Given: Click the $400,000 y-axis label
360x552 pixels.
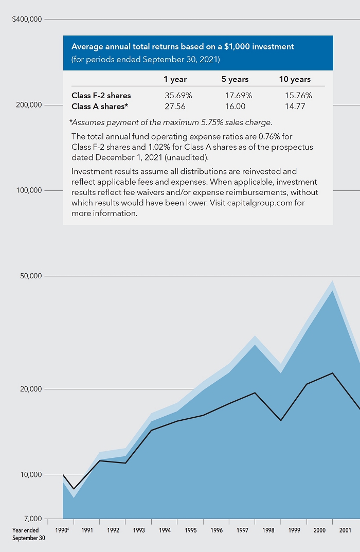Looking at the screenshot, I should click(27, 20).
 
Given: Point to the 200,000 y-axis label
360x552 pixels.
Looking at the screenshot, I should click(29, 105).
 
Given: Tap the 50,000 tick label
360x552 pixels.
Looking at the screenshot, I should click(31, 276).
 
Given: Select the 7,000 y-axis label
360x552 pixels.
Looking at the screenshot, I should click(32, 519).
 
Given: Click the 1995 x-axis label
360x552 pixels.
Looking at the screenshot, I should click(190, 530).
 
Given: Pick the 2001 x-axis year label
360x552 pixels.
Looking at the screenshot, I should click(346, 530).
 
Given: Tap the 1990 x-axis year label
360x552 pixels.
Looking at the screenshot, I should click(61, 530).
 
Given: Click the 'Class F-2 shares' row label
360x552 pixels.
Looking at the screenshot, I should click(101, 95).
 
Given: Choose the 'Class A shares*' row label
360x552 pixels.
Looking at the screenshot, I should click(100, 106).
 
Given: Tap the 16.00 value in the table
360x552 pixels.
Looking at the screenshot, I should click(235, 106).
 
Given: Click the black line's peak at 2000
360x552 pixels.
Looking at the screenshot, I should click(333, 373).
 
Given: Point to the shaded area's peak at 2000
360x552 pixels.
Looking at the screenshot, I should click(333, 281).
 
